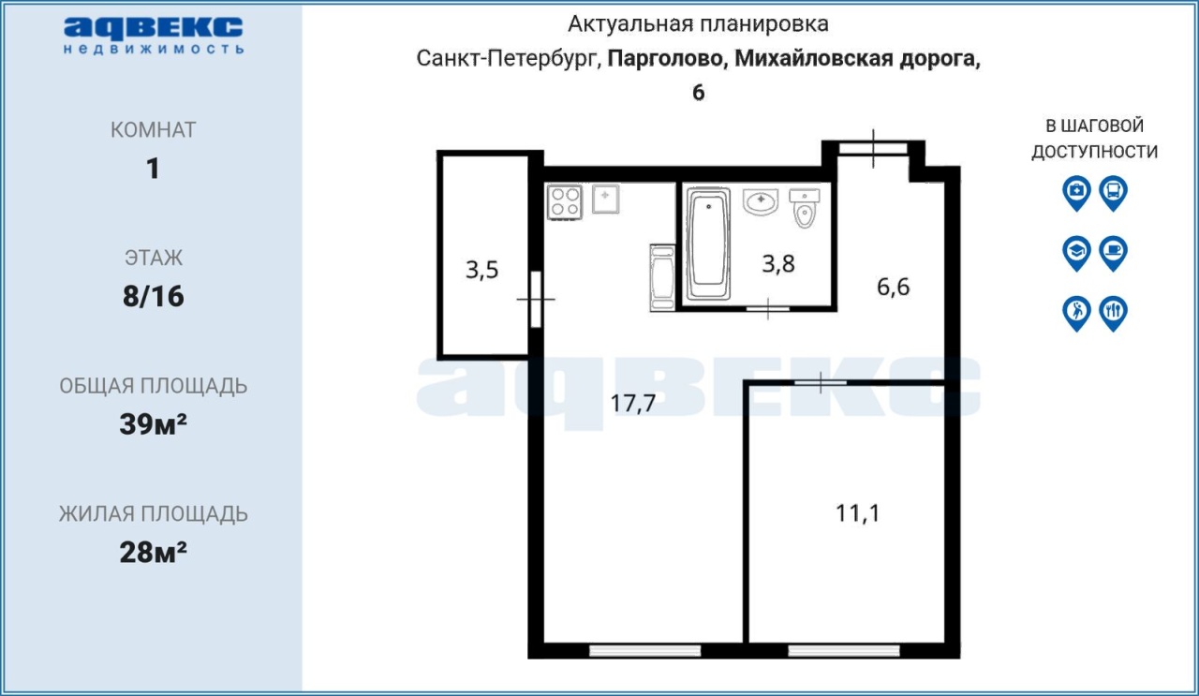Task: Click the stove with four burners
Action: (564, 201)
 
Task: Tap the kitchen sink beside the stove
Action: (605, 200)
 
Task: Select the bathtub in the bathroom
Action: (708, 243)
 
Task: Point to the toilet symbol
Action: (804, 208)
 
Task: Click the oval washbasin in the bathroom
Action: (760, 201)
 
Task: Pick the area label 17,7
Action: (632, 403)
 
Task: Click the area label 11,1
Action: (857, 513)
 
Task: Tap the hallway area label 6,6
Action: (893, 287)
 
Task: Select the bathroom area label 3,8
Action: (778, 264)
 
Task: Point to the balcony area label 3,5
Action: (481, 269)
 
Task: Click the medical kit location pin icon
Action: (1076, 193)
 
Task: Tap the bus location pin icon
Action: (1114, 193)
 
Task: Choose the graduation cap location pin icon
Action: (1076, 253)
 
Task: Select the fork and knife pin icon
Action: (1114, 313)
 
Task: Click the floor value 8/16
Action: (153, 296)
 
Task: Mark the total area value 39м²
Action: (153, 424)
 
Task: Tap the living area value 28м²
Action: (153, 552)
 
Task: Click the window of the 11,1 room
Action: (844, 650)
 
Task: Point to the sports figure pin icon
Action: (1076, 313)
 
